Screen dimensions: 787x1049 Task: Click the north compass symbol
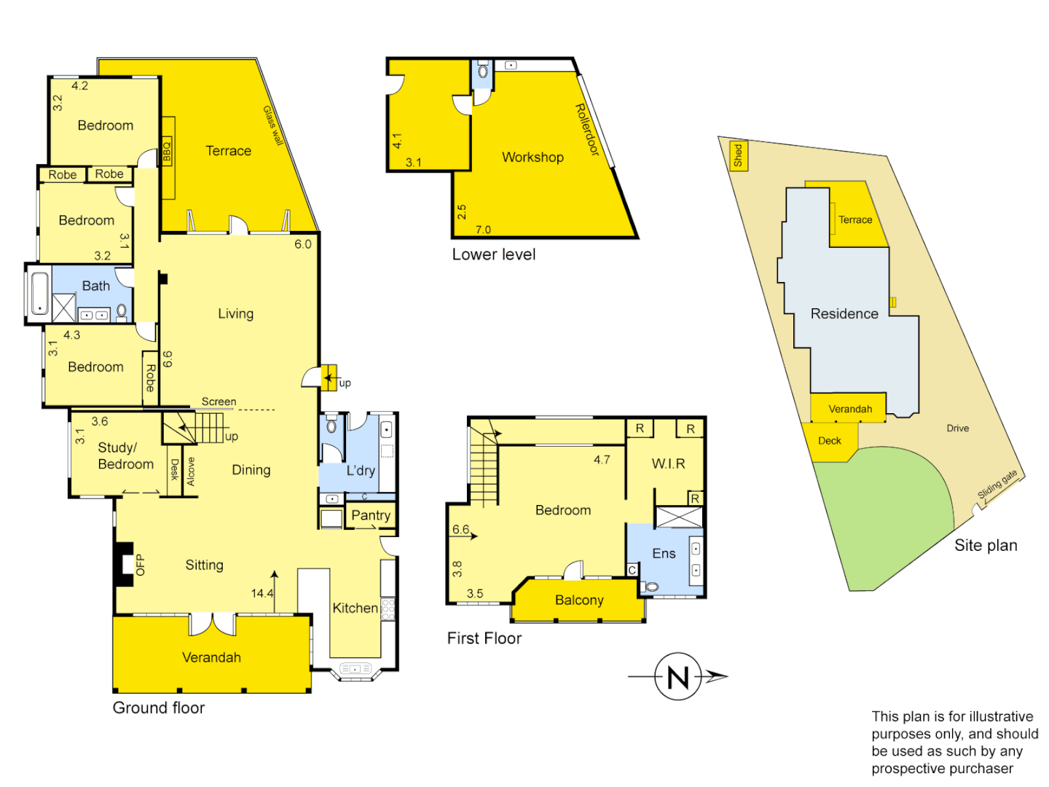pos(677,676)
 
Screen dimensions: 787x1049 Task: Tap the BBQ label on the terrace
pos(167,151)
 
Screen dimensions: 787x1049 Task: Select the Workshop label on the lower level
pos(533,157)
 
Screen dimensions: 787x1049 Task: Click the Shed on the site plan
pos(738,155)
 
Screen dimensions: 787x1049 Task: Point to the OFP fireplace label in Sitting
pos(140,565)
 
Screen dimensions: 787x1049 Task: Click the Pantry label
pos(371,515)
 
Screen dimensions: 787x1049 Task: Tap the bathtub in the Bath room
pos(39,293)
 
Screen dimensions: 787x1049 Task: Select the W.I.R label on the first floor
pos(668,463)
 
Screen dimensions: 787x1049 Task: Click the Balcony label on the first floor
pos(579,600)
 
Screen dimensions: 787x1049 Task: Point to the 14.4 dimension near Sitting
pos(262,593)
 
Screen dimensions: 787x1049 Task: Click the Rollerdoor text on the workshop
pos(587,130)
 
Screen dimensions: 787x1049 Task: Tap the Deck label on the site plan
pos(829,441)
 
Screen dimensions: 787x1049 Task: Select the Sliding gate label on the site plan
pos(997,485)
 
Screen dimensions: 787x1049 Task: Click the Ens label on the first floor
pos(664,554)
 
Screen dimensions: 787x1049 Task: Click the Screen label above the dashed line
pos(219,402)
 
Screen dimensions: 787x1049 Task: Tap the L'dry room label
pos(361,471)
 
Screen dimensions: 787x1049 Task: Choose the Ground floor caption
pos(159,708)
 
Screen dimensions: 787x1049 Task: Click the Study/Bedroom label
pos(125,456)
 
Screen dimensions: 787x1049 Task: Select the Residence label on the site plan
pos(844,314)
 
